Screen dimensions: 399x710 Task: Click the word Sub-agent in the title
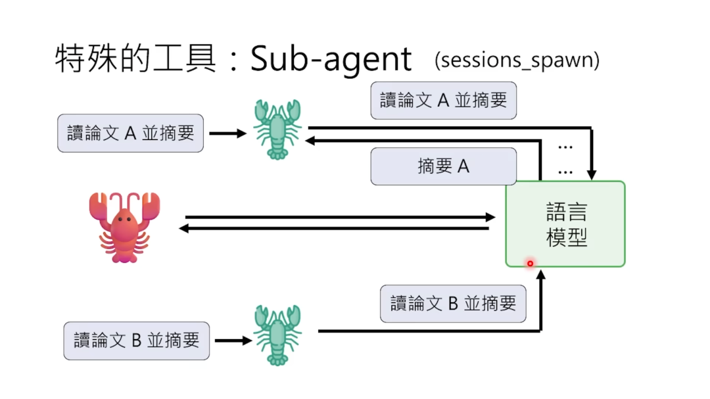click(x=331, y=60)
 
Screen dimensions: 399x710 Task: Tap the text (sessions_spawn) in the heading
click(x=517, y=60)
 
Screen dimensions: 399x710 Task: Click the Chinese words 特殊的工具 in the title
click(x=135, y=59)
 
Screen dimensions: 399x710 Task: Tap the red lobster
click(x=125, y=227)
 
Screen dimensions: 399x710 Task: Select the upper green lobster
click(x=277, y=129)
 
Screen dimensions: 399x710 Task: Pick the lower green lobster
click(x=277, y=335)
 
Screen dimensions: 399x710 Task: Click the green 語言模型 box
click(x=565, y=224)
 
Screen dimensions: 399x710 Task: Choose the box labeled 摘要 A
click(x=443, y=166)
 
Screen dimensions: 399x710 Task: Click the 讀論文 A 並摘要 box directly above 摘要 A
click(x=443, y=101)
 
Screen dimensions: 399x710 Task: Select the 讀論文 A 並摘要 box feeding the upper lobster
click(x=130, y=133)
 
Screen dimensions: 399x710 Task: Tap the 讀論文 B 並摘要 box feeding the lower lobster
click(x=136, y=340)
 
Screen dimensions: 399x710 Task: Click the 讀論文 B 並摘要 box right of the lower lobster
click(x=453, y=304)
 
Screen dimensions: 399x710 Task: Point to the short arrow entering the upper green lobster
click(x=227, y=133)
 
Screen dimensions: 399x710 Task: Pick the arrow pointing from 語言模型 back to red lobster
click(x=335, y=228)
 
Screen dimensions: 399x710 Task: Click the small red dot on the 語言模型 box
click(x=530, y=264)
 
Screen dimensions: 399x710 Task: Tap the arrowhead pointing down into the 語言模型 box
click(x=592, y=175)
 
